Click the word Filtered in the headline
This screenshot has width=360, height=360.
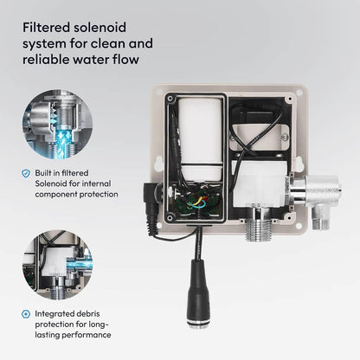[46, 28]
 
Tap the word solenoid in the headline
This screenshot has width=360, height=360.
[100, 28]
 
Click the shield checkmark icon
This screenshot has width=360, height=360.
[26, 173]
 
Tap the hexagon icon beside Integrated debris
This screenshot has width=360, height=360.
[26, 314]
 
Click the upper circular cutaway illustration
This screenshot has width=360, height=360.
[58, 124]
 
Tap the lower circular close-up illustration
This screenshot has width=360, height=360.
[58, 265]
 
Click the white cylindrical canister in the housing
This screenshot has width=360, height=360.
[201, 138]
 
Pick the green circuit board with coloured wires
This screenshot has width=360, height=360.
[199, 202]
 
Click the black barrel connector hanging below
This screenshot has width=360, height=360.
[198, 292]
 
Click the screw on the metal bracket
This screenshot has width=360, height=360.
[285, 138]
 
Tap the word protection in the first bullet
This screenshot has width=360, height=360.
[99, 195]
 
